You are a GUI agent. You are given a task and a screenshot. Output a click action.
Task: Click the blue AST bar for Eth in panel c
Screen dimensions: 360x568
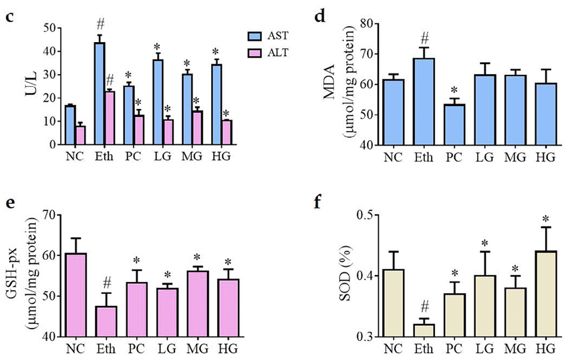99,94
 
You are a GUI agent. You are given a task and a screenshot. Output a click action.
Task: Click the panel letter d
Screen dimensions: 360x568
319,16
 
